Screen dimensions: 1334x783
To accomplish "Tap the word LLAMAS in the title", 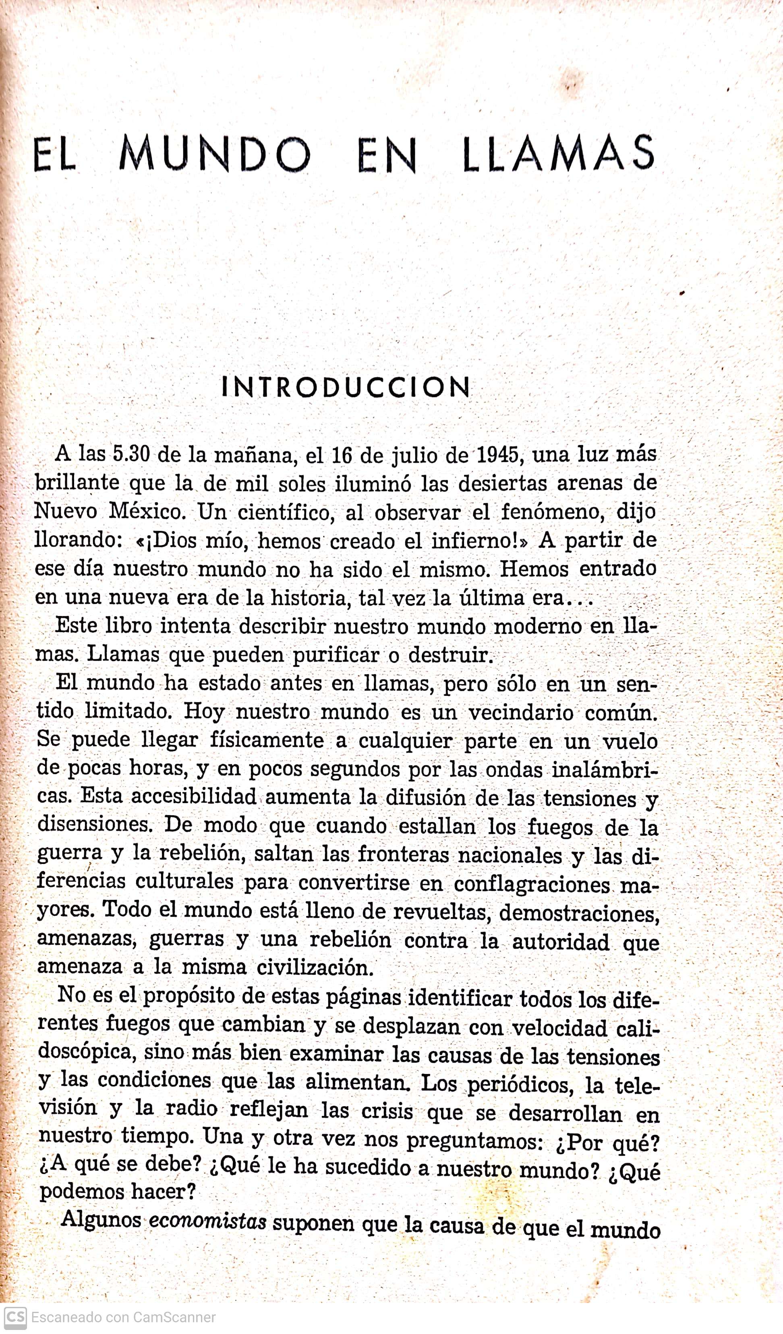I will click(x=559, y=154).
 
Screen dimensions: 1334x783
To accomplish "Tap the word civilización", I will click(x=315, y=968).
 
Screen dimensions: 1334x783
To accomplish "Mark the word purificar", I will click(x=336, y=655).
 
